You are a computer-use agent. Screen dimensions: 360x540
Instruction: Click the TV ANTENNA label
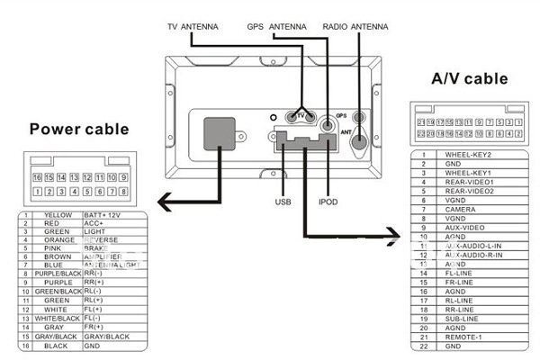(x=193, y=27)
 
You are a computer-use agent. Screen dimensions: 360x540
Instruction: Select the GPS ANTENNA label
(x=276, y=27)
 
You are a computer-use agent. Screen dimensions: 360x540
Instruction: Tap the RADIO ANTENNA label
(x=355, y=27)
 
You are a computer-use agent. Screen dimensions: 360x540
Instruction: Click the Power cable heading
(x=79, y=129)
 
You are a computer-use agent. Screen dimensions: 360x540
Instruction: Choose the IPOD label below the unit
(x=328, y=202)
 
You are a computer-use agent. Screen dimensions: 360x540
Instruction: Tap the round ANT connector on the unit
(x=358, y=139)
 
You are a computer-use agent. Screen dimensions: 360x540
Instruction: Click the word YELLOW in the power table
(x=58, y=215)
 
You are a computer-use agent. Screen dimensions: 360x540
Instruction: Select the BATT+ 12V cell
(x=101, y=215)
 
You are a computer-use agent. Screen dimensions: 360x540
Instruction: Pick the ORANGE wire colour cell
(x=58, y=239)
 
